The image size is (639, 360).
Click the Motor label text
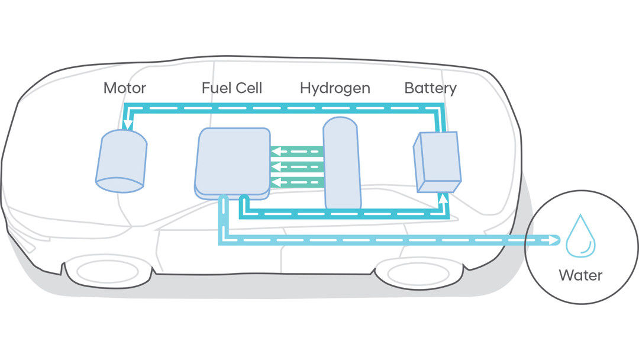pyautogui.click(x=124, y=89)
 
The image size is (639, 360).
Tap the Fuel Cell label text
pyautogui.click(x=231, y=89)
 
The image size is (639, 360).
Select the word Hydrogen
pyautogui.click(x=335, y=89)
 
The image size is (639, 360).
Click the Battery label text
pyautogui.click(x=430, y=89)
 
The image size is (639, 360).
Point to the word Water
pyautogui.click(x=580, y=275)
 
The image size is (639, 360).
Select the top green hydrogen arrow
pyautogui.click(x=296, y=153)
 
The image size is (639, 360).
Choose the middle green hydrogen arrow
pyautogui.click(x=296, y=167)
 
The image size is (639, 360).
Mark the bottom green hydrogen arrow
pyautogui.click(x=296, y=181)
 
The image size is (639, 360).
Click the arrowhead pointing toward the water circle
pyautogui.click(x=554, y=240)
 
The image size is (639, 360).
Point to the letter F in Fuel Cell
pyautogui.click(x=205, y=89)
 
